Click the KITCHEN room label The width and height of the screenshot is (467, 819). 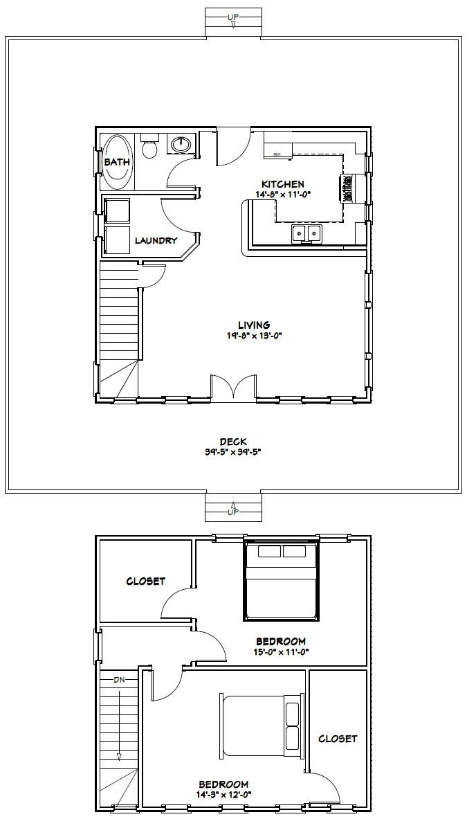[x=282, y=184]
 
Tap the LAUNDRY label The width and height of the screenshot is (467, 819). [x=156, y=241]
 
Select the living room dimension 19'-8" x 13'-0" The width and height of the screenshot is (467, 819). [x=254, y=336]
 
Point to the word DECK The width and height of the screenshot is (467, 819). [x=233, y=441]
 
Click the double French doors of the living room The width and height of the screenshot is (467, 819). [x=233, y=388]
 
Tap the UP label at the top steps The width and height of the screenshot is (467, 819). [x=233, y=16]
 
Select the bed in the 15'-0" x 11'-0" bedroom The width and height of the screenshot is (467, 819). [x=282, y=581]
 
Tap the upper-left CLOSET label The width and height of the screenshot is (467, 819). [x=145, y=581]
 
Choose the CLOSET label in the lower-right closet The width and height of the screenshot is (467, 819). [x=338, y=739]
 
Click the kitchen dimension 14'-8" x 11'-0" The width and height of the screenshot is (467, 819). [x=282, y=195]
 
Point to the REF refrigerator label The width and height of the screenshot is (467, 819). [x=277, y=154]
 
